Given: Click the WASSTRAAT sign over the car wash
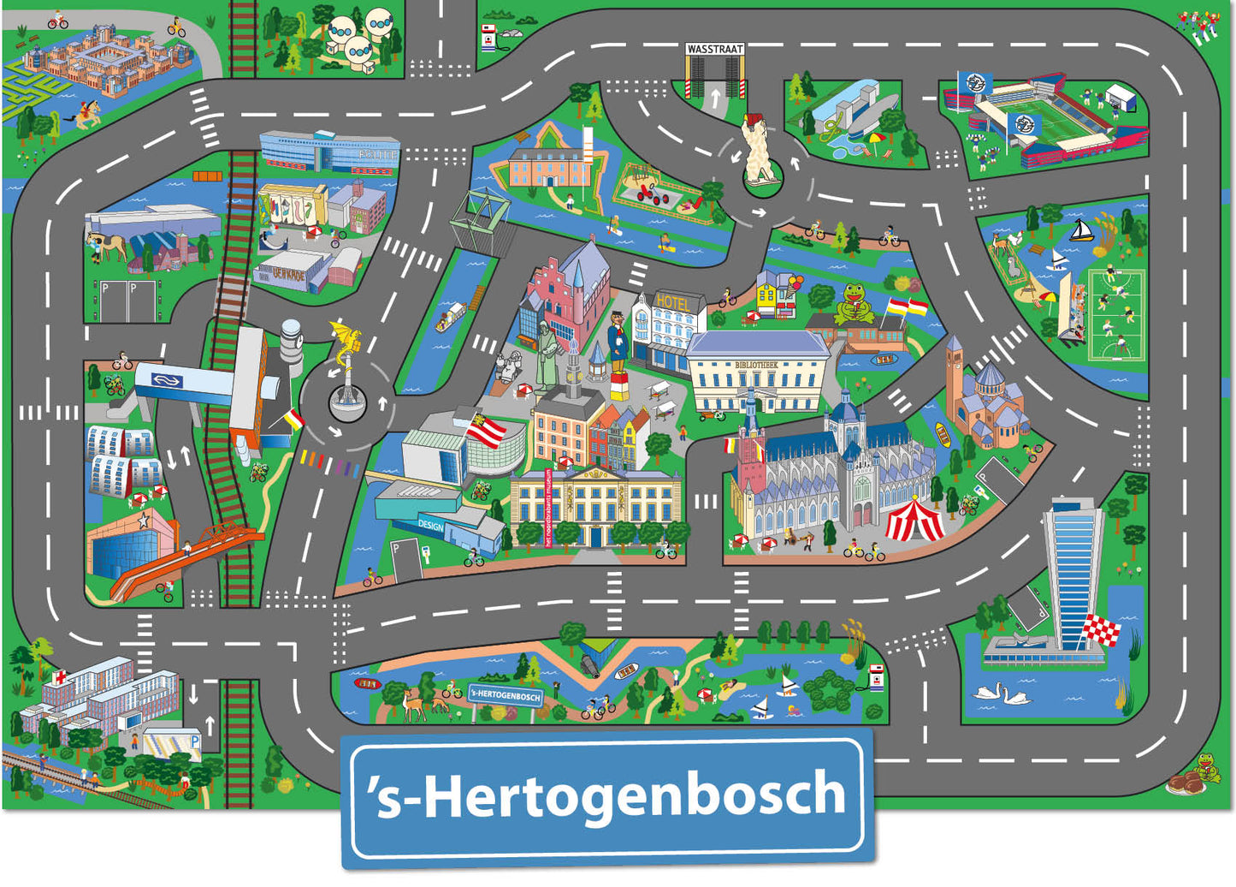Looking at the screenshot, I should coord(715,50).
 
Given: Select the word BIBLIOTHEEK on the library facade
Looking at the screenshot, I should coord(758,365).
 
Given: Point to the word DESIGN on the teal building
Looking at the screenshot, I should coord(430,526).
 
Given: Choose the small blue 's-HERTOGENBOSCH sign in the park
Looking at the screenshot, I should coord(506,696).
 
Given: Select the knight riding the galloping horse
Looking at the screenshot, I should coord(86,112).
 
